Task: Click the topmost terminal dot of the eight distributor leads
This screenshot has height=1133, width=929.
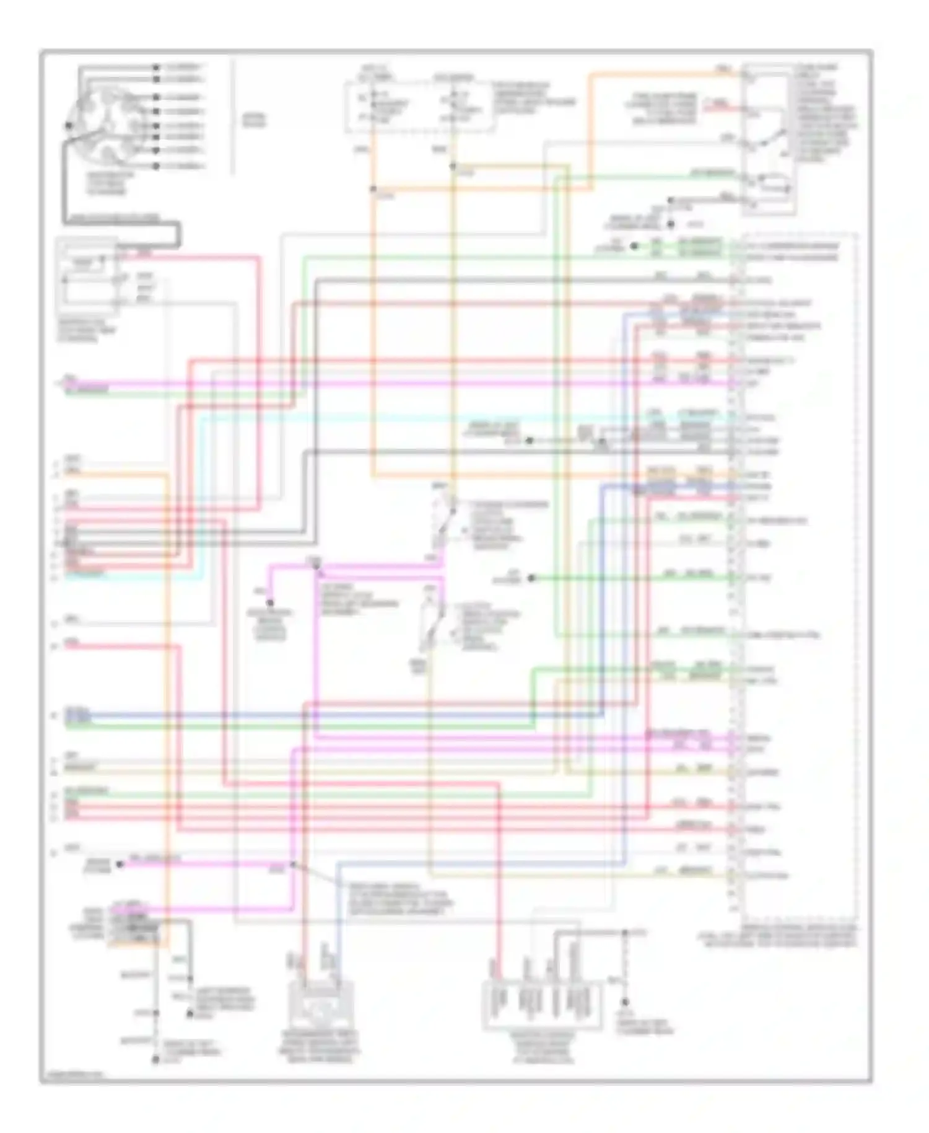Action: click(156, 66)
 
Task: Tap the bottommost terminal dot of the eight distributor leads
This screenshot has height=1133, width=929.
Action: click(156, 166)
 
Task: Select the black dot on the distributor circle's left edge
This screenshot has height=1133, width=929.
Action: click(69, 125)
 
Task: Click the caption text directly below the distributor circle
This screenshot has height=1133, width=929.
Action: click(110, 183)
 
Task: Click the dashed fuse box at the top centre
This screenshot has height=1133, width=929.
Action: click(420, 105)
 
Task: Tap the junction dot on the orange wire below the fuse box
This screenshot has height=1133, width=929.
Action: click(373, 189)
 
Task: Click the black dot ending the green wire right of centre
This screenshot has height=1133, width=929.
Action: click(531, 578)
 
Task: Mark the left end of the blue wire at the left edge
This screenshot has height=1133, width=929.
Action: click(68, 715)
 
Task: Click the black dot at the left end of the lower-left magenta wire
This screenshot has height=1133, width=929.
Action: click(120, 863)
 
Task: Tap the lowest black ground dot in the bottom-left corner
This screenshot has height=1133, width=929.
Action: click(155, 1060)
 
